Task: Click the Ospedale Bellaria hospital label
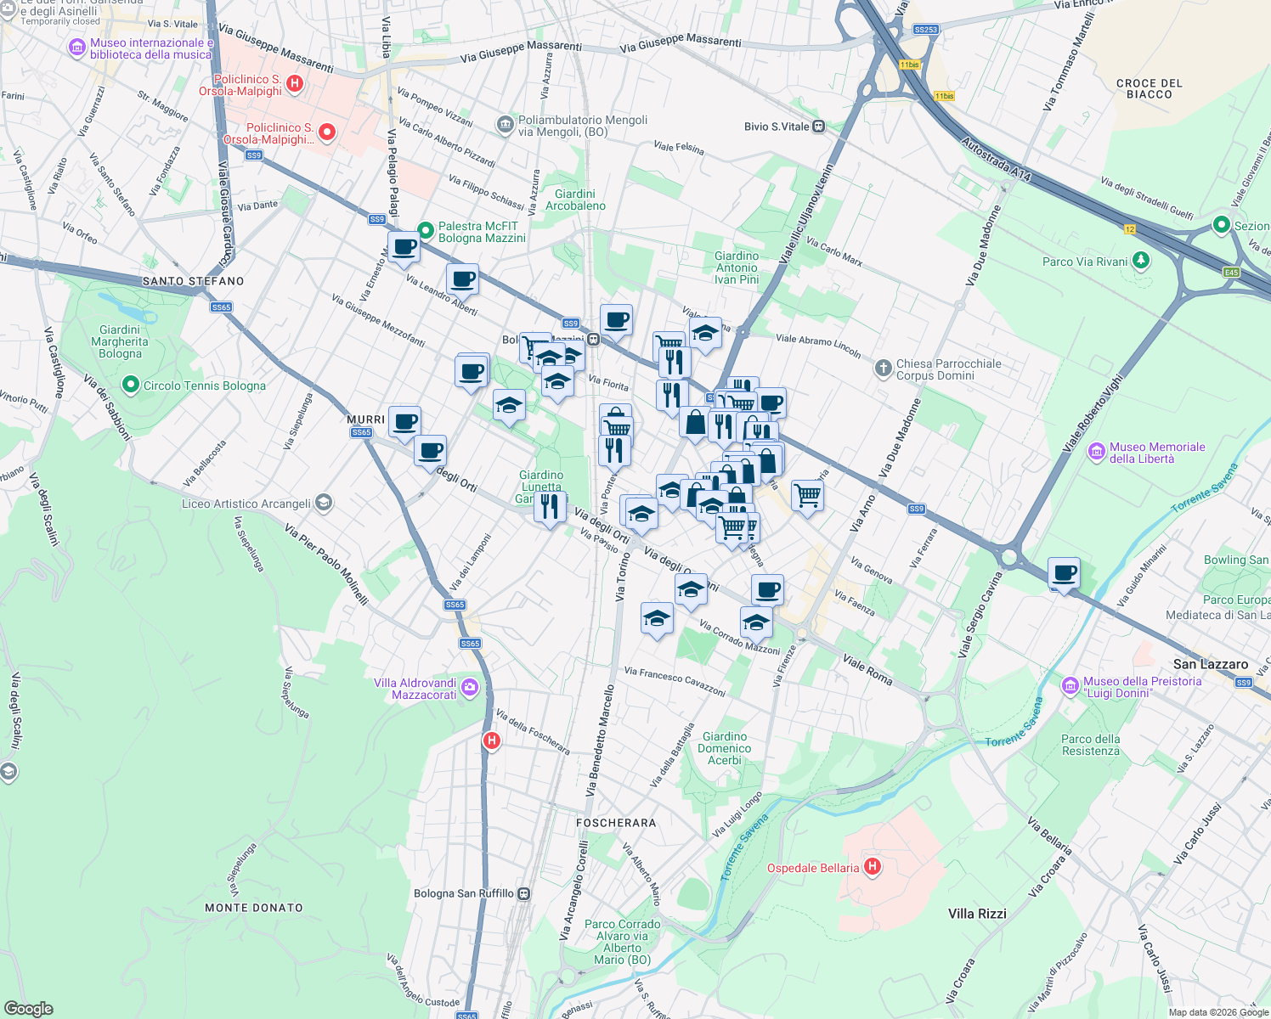coord(813,868)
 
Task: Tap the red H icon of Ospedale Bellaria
coord(872,867)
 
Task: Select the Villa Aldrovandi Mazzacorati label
coord(415,689)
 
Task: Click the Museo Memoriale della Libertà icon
coord(1097,450)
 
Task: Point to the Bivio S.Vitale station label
coord(777,127)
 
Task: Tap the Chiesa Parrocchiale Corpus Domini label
coord(948,369)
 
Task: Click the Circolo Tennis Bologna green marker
coord(130,386)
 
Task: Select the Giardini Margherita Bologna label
coord(120,341)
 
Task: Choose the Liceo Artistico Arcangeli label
coord(246,504)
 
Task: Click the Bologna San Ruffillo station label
coord(463,893)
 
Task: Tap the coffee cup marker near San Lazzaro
coord(1064,573)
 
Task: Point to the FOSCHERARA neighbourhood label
coord(616,823)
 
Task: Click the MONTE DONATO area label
coord(254,908)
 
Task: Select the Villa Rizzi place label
coord(977,914)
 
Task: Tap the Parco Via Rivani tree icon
coord(1141,261)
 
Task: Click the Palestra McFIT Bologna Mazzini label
coord(482,232)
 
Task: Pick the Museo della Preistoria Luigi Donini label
coord(1142,687)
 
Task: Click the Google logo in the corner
coord(28,1008)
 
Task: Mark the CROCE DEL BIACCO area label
coord(1149,89)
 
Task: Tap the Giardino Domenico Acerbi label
coord(724,748)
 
